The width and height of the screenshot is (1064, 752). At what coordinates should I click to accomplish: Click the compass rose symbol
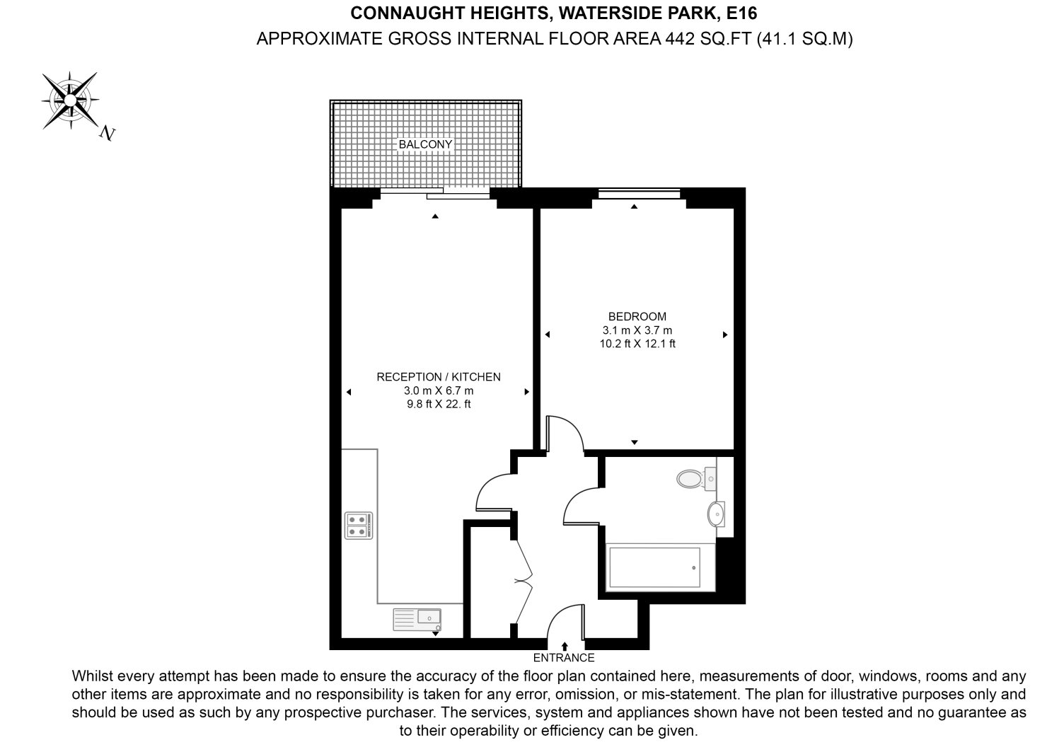pyautogui.click(x=70, y=100)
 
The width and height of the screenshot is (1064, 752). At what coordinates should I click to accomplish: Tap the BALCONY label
pyautogui.click(x=425, y=144)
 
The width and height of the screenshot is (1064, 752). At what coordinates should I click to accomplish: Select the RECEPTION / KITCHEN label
pyautogui.click(x=438, y=377)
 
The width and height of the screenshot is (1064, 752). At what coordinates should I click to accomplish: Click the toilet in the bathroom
pyautogui.click(x=693, y=479)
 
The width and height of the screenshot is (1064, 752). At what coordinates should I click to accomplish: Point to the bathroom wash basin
pyautogui.click(x=716, y=514)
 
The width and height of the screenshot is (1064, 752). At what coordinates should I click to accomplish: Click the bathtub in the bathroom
pyautogui.click(x=654, y=567)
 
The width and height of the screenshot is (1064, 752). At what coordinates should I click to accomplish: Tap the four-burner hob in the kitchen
pyautogui.click(x=357, y=526)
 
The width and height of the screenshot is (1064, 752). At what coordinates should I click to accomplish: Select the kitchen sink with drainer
pyautogui.click(x=417, y=619)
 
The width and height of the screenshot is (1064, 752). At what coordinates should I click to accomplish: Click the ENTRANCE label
pyautogui.click(x=564, y=658)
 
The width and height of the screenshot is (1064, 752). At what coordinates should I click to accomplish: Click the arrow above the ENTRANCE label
pyautogui.click(x=565, y=646)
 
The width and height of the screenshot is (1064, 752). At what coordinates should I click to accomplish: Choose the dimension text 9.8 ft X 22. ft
pyautogui.click(x=438, y=405)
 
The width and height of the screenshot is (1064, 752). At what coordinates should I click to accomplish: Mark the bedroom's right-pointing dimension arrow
pyautogui.click(x=725, y=335)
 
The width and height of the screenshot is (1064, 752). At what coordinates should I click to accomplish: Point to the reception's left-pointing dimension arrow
pyautogui.click(x=349, y=392)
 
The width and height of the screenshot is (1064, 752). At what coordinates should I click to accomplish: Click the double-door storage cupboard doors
pyautogui.click(x=524, y=580)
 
